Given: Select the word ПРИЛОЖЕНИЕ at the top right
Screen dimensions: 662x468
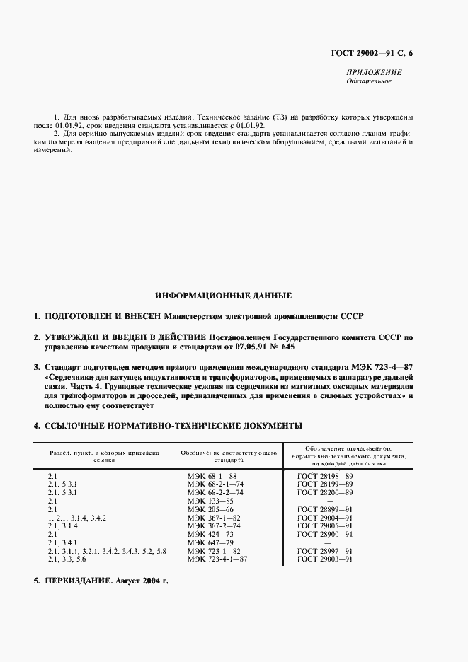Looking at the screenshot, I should pyautogui.click(x=375, y=72).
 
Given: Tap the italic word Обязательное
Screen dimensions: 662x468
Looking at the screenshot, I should pyautogui.click(x=368, y=81).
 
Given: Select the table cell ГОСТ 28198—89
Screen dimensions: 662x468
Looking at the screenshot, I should pyautogui.click(x=325, y=477).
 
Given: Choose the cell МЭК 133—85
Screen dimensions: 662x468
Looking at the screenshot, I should pyautogui.click(x=210, y=501).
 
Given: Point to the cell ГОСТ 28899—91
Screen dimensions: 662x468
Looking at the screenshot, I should pyautogui.click(x=325, y=509).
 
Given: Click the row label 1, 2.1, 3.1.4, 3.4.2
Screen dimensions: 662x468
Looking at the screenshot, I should pyautogui.click(x=77, y=518).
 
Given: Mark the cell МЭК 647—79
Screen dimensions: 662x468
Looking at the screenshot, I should pyautogui.click(x=210, y=542).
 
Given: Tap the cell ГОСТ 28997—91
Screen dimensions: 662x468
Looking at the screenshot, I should pyautogui.click(x=325, y=550).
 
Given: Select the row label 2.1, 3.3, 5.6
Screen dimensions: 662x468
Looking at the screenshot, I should pyautogui.click(x=67, y=559).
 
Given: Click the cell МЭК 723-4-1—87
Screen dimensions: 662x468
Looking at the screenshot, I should pyautogui.click(x=217, y=559).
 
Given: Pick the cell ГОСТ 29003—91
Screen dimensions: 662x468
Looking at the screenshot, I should pyautogui.click(x=325, y=559).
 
